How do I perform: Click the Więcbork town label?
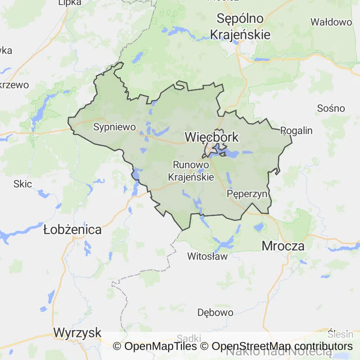212,137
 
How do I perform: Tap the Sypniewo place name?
114,127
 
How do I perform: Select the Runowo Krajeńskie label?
191,171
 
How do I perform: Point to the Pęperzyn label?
247,194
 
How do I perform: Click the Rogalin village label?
296,130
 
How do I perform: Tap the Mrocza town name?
283,246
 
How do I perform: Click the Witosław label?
207,256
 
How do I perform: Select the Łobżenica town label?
72,230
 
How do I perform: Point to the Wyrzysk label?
77,333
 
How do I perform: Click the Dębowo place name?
215,312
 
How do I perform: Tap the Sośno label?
331,108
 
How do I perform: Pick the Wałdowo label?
331,22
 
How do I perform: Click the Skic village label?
22,184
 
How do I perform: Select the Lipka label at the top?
69,3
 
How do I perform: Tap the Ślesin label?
340,334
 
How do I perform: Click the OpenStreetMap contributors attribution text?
282,346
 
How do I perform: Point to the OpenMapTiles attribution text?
160,346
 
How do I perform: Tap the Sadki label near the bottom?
189,338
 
